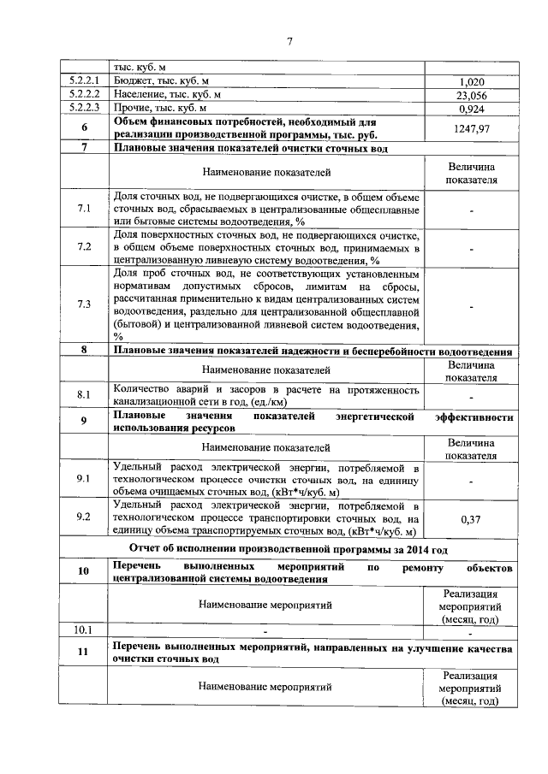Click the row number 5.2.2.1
pos(84,81)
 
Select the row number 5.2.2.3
pos(84,109)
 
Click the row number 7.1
pos(84,209)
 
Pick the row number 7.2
pos(84,247)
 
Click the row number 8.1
pos(84,395)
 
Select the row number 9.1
pos(84,480)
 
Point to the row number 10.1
pos(84,631)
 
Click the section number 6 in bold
pos(84,127)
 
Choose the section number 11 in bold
pos(84,654)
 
